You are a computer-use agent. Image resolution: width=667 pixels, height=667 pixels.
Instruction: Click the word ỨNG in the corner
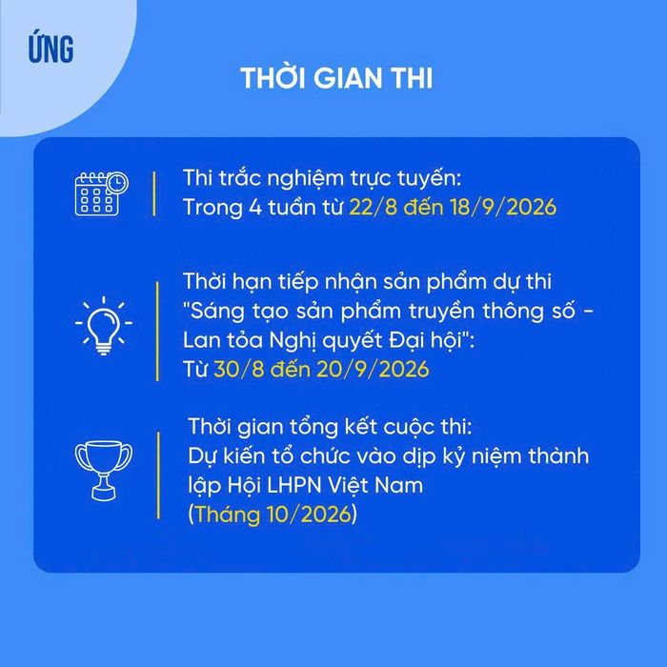pyautogui.click(x=51, y=48)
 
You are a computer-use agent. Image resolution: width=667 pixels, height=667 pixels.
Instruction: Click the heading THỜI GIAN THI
pyautogui.click(x=336, y=78)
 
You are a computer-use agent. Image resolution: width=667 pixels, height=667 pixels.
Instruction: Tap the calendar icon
pyautogui.click(x=102, y=193)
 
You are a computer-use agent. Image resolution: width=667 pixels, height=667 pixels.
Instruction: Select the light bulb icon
pyautogui.click(x=103, y=326)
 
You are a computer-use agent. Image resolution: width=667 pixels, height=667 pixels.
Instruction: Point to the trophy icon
pyautogui.click(x=103, y=471)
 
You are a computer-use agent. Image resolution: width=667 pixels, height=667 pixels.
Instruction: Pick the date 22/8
pyautogui.click(x=374, y=207)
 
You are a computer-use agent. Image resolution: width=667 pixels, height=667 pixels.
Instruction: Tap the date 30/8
pyautogui.click(x=239, y=369)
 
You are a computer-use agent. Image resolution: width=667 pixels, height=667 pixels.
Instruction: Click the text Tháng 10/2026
pyautogui.click(x=273, y=514)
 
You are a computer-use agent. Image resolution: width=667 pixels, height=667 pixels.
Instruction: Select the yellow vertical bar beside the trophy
pyautogui.click(x=159, y=475)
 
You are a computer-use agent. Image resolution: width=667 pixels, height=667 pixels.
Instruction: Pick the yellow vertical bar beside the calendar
pyautogui.click(x=154, y=193)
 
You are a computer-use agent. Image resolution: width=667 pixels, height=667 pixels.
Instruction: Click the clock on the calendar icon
pyautogui.click(x=117, y=183)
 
